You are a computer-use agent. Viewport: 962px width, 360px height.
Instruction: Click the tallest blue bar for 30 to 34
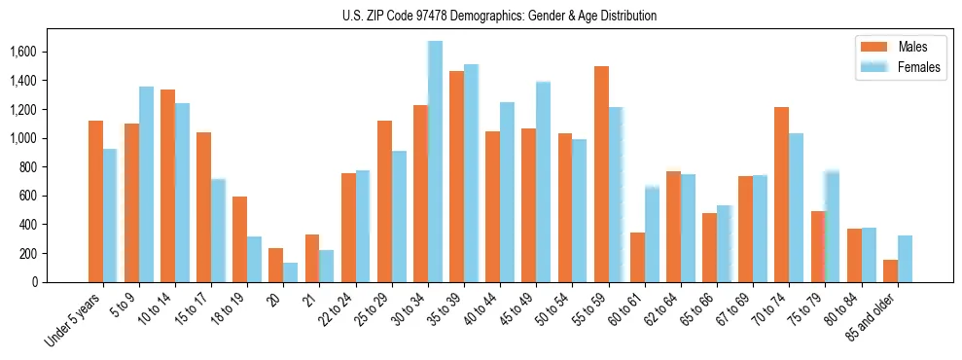click(435, 162)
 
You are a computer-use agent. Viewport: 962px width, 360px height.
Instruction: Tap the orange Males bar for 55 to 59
click(601, 174)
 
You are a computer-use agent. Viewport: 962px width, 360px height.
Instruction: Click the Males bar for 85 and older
click(890, 270)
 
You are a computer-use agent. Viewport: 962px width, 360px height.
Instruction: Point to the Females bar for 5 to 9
click(146, 185)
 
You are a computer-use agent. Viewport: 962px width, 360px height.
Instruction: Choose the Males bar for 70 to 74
click(782, 195)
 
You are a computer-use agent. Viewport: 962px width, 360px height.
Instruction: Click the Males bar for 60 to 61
click(637, 257)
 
